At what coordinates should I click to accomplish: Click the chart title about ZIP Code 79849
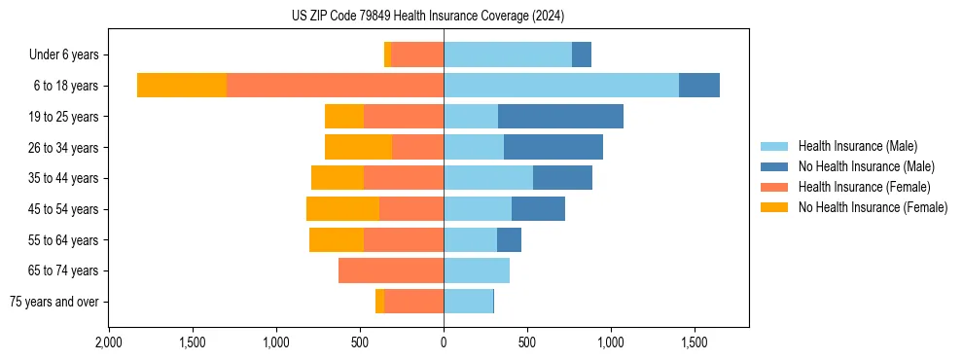(x=428, y=17)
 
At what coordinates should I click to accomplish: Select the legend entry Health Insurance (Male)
(x=856, y=146)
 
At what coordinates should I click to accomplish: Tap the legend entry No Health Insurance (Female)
(x=873, y=207)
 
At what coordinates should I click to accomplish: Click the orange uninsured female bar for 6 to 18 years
(x=182, y=86)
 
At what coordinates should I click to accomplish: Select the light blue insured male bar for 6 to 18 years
(x=561, y=86)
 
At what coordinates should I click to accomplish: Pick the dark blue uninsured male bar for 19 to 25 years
(x=560, y=117)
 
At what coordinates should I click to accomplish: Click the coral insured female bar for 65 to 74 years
(x=391, y=270)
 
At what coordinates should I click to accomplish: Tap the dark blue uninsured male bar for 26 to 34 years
(x=553, y=147)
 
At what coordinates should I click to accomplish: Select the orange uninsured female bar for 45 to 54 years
(x=342, y=209)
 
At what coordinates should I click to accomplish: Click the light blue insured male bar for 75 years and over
(x=468, y=302)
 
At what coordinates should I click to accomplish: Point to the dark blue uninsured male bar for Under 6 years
(x=582, y=55)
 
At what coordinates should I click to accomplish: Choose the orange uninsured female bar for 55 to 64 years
(x=337, y=239)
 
